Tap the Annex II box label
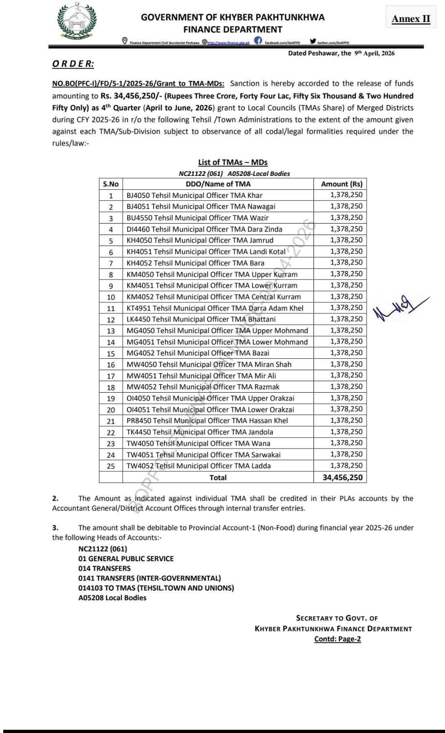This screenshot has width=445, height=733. pos(411,19)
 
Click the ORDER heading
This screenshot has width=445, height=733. pos(73,64)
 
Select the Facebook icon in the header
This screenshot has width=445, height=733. pos(258,41)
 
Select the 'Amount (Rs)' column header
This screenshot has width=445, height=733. pos(341,184)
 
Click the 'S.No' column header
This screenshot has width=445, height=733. pos(110,184)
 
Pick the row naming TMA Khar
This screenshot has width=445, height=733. pos(194,195)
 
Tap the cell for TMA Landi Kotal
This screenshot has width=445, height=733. pos(206,252)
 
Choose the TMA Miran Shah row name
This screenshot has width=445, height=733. pos(209,364)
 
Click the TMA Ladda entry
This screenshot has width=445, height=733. pos(198,465)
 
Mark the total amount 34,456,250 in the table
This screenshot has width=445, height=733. pos(342,477)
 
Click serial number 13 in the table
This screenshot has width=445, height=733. pos(110,331)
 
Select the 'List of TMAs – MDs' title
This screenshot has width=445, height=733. pos(232,162)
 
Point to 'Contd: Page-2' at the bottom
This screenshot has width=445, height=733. pos(337,639)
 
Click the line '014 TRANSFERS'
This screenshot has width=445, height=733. pos(104,568)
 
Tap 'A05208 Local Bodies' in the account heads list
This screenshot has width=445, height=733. pos(112,597)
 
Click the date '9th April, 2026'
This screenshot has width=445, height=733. pos(374,53)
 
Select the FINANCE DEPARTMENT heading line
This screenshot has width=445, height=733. pos(232,29)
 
